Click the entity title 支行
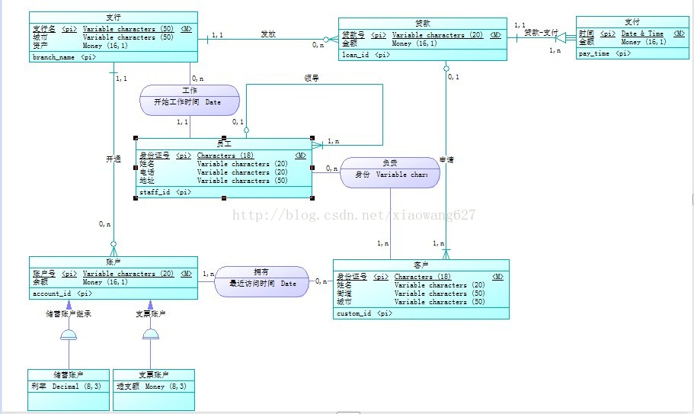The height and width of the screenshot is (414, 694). [114, 17]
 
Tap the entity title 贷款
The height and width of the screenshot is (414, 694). [423, 23]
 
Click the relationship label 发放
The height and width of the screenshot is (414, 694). [268, 34]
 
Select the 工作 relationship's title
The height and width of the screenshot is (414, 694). [190, 90]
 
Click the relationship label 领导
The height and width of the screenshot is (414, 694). [312, 77]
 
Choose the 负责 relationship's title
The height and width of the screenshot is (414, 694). [389, 162]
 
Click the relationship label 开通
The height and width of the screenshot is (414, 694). [114, 159]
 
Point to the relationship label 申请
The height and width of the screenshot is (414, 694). [446, 159]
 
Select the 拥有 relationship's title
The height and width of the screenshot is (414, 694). [261, 272]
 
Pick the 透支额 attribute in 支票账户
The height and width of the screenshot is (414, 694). [127, 386]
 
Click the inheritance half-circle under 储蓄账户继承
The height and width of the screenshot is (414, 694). [69, 335]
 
